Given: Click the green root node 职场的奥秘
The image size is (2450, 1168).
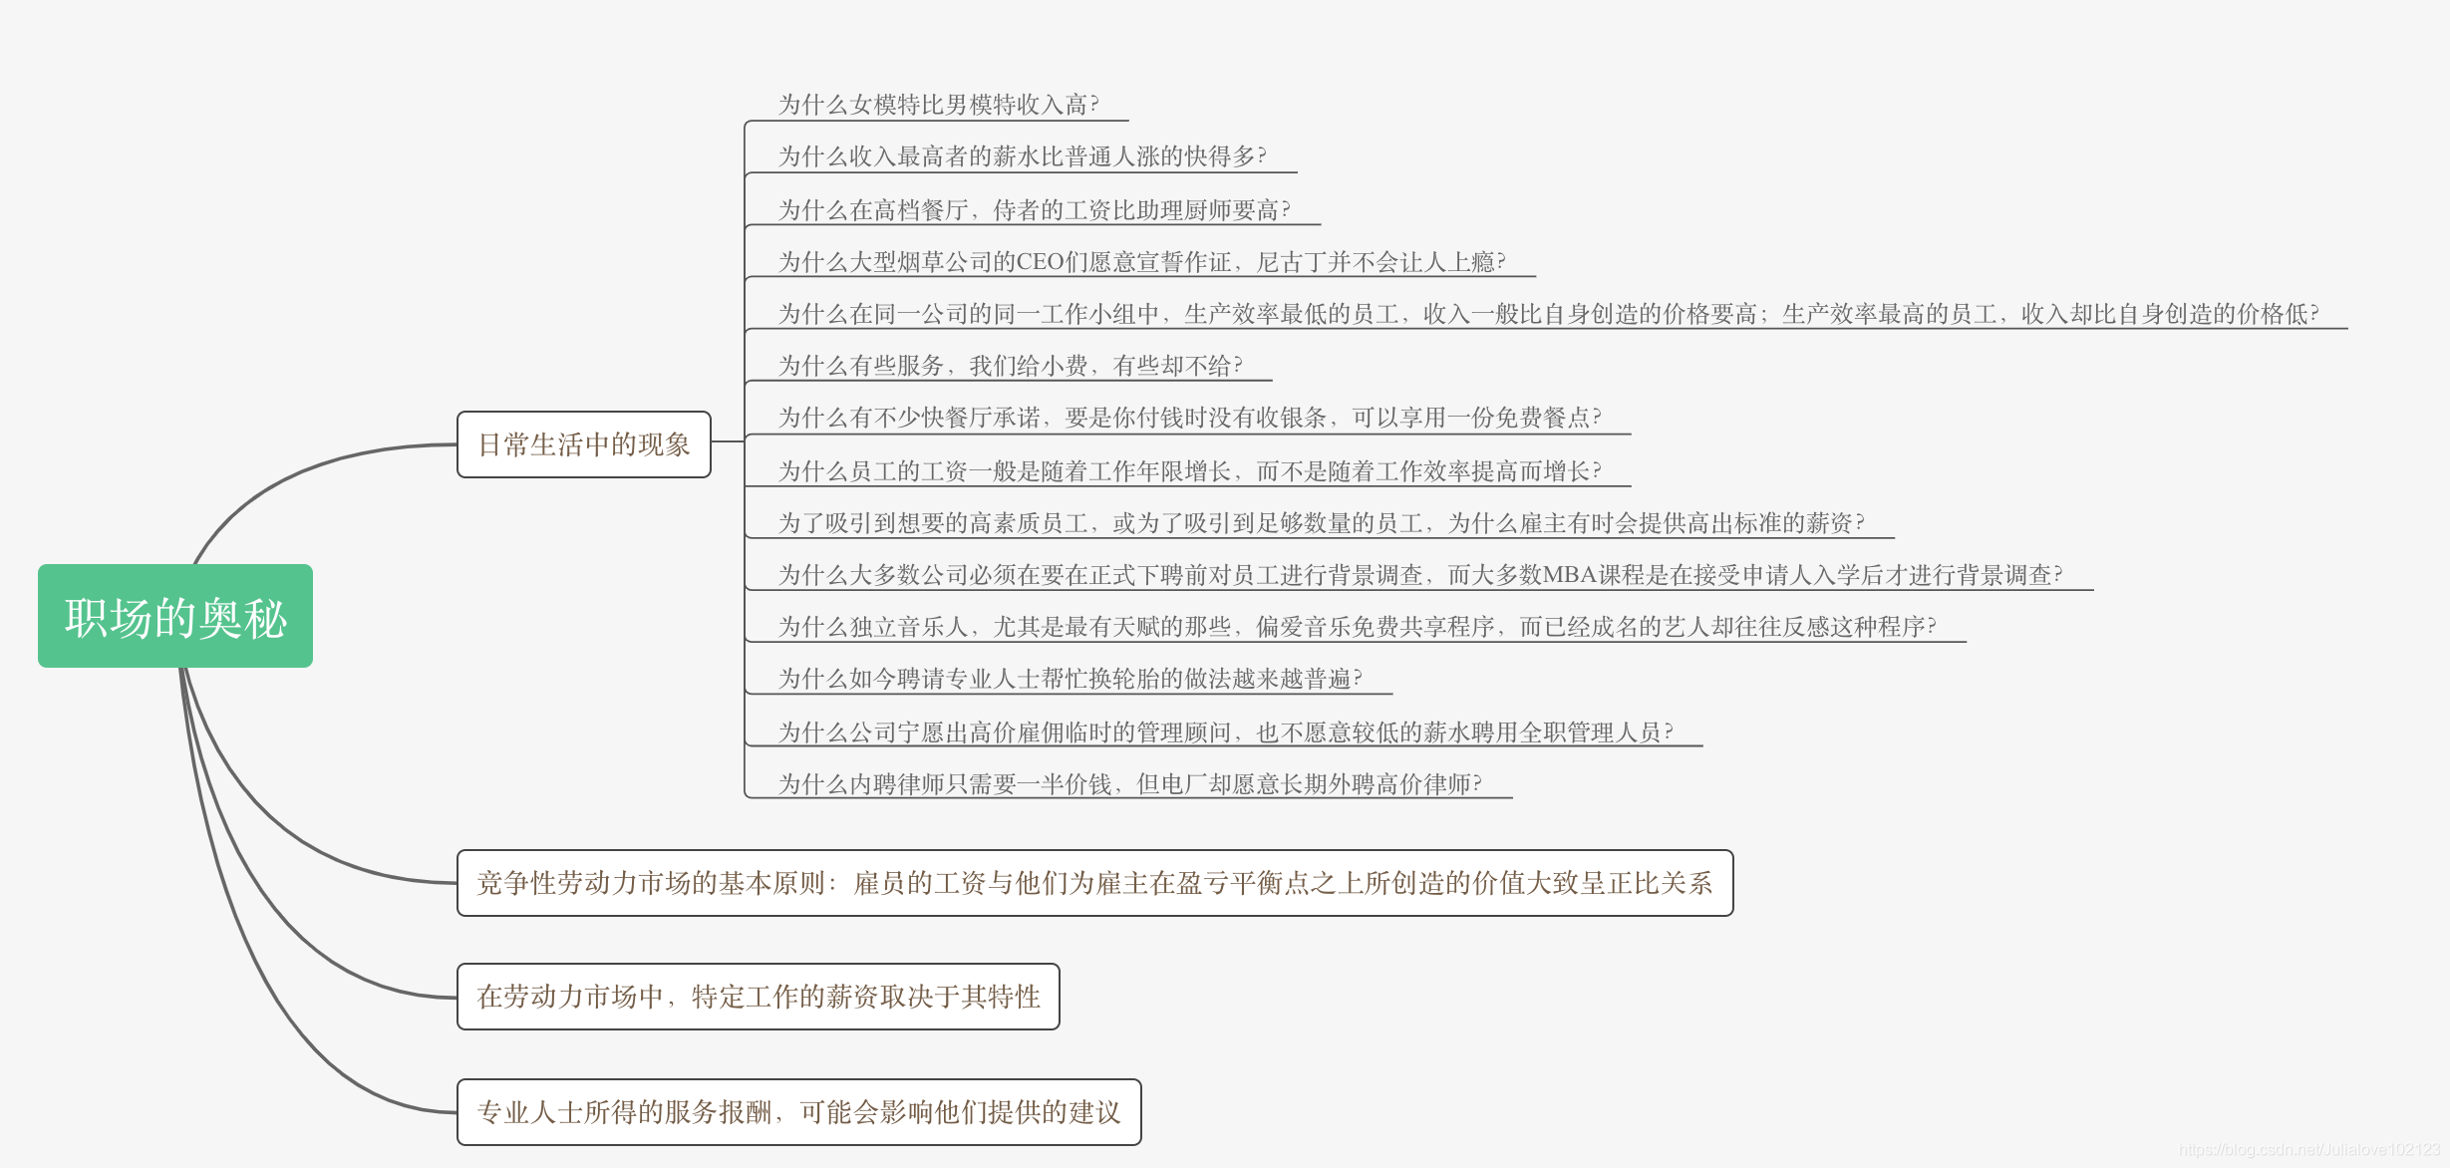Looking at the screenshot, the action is (x=175, y=617).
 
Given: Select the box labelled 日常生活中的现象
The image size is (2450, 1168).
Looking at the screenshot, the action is (x=584, y=444).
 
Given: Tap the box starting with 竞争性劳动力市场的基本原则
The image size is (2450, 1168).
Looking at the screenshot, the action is (x=1094, y=883).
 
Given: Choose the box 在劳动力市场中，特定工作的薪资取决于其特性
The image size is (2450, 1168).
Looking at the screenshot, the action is (x=758, y=997).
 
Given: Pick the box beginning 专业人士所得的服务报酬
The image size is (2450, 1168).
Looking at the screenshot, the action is (x=798, y=1112).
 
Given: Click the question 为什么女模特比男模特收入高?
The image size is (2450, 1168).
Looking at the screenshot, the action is (x=938, y=105).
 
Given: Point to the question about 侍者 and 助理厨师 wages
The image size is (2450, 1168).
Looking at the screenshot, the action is (x=1034, y=210).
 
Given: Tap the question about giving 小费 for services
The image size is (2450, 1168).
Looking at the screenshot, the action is (x=1010, y=366).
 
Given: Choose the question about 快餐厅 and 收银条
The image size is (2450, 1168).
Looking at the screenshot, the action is (x=1189, y=418).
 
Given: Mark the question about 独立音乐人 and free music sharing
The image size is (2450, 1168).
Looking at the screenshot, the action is (x=1357, y=627).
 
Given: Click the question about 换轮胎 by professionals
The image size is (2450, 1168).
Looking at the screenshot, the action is (x=1070, y=679).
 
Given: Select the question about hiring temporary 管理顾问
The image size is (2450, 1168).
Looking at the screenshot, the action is (x=1225, y=732).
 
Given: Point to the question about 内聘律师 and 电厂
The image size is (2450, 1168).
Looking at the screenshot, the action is (x=1129, y=784).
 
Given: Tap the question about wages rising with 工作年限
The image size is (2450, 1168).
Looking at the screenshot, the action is (x=1189, y=471).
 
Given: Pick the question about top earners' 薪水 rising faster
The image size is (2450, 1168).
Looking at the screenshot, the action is (x=1022, y=156).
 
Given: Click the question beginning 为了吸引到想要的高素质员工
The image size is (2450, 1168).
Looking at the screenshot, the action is (x=1321, y=523).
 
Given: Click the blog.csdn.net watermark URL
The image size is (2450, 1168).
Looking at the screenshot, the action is (x=2309, y=1150).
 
